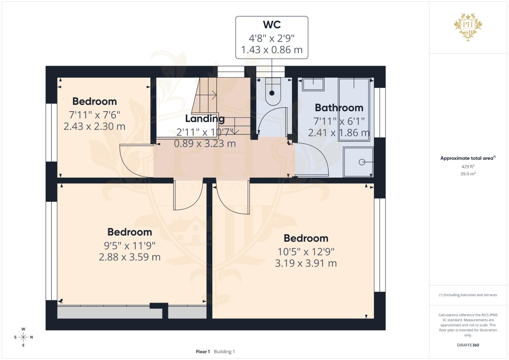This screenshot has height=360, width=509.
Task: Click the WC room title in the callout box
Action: click(272, 25)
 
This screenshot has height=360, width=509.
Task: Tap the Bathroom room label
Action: click(339, 108)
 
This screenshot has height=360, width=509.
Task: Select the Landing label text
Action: click(205, 118)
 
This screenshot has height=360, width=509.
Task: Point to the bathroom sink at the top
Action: click(313, 84)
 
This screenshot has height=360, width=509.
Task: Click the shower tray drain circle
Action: click(362, 162)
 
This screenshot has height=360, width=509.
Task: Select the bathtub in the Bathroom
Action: click(354, 109)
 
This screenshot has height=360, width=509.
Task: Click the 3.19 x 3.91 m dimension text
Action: click(306, 263)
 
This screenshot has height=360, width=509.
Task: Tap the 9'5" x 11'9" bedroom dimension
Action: click(130, 246)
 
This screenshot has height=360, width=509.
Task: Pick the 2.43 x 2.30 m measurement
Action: click(94, 126)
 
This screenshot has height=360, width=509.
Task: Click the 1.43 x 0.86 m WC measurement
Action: click(272, 50)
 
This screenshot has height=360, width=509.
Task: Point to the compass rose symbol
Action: click(23, 337)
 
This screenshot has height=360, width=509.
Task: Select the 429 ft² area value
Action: click(468, 166)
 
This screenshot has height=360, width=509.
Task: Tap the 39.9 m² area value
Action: click(468, 174)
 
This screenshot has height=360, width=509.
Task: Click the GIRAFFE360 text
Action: click(468, 345)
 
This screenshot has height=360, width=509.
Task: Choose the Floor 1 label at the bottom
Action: click(203, 351)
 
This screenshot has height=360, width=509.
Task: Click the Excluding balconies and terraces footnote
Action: click(468, 295)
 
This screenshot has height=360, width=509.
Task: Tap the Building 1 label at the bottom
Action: click(224, 351)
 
